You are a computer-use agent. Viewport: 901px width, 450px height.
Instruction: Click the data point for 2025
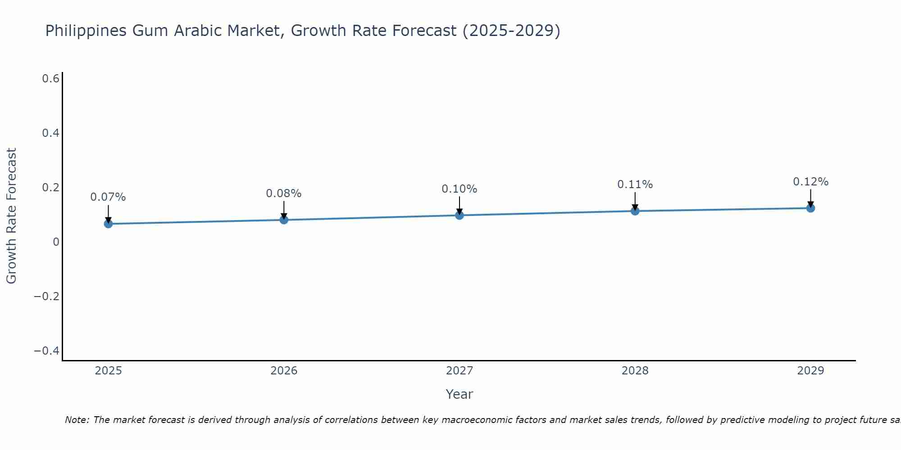[108, 224]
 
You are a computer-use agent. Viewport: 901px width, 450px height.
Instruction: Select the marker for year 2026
[284, 220]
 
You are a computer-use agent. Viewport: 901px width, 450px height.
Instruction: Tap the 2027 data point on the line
[460, 215]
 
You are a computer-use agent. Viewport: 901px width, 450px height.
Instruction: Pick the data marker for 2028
[635, 211]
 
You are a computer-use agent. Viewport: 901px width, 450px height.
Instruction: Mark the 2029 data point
[810, 208]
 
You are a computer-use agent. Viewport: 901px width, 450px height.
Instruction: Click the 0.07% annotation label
[108, 197]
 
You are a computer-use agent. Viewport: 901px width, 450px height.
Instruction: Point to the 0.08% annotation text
[284, 193]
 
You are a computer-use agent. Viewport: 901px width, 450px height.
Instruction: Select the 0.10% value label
[460, 189]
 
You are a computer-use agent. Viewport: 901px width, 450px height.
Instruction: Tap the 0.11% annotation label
[635, 184]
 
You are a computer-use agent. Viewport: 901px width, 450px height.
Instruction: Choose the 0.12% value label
[810, 182]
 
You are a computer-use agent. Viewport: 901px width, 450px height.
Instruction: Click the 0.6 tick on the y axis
[50, 79]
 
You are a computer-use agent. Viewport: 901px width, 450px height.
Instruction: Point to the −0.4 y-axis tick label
[47, 351]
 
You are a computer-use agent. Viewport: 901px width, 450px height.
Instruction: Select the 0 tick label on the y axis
[56, 242]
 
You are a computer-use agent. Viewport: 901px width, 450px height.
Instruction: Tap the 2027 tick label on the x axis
[460, 371]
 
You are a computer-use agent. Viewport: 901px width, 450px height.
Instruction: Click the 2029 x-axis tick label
[810, 371]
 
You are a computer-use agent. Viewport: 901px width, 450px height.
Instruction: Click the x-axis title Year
[460, 394]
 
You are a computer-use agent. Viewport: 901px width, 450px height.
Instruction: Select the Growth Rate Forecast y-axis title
[12, 216]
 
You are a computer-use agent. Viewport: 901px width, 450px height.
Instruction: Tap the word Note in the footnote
[77, 420]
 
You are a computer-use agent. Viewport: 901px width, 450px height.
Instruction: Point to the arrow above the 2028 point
[635, 202]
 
